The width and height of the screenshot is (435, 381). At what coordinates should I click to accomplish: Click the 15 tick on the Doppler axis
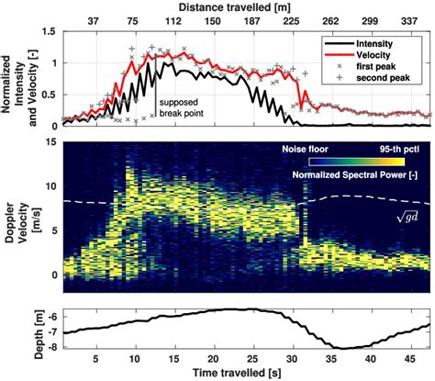coord(50,140)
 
